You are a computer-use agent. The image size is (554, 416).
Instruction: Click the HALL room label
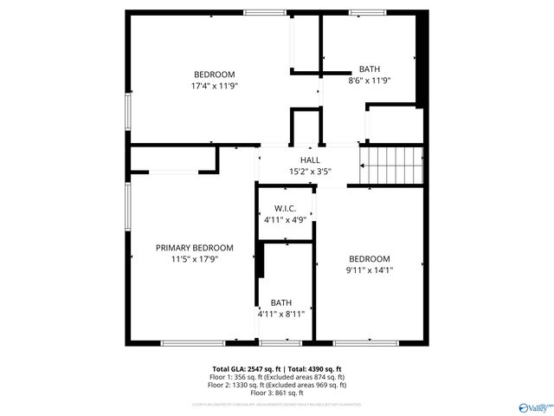click(310, 160)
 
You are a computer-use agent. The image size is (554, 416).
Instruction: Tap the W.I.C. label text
click(286, 209)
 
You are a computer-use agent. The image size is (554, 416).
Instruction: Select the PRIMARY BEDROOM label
click(195, 247)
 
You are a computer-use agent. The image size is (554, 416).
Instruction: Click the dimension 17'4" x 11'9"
click(214, 87)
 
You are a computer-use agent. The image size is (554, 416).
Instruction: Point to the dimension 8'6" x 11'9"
click(370, 81)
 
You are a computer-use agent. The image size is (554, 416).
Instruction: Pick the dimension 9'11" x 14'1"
click(370, 270)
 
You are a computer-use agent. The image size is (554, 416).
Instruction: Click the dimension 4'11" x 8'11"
click(281, 314)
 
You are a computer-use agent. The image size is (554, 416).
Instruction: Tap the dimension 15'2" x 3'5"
click(310, 172)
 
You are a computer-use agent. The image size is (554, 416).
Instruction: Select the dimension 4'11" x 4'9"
click(286, 220)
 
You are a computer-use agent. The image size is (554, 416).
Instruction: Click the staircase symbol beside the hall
click(392, 165)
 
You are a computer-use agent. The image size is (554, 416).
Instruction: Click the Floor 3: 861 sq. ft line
click(278, 392)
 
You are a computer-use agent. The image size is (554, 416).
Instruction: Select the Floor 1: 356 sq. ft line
click(278, 377)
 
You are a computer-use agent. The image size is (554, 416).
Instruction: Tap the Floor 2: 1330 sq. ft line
click(278, 385)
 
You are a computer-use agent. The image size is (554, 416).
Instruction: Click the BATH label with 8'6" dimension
click(370, 69)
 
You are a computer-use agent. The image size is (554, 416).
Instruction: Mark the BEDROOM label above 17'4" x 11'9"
click(214, 75)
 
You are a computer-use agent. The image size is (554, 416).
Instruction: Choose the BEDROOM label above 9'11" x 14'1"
click(370, 259)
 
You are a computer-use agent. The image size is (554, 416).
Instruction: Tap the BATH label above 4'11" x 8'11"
click(281, 302)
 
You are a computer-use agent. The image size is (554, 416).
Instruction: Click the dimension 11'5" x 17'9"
click(195, 258)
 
